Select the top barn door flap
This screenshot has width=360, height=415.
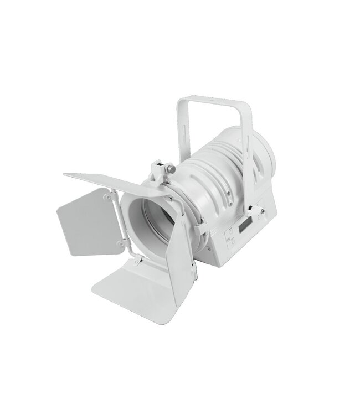pos(105,181)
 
